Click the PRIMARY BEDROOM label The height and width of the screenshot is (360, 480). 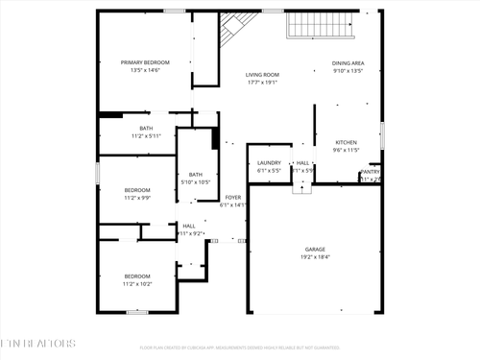[x=145, y=62]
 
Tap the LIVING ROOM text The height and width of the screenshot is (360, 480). [x=261, y=74]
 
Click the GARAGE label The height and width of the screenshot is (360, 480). [x=316, y=249]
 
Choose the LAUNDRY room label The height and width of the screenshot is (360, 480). [x=269, y=162]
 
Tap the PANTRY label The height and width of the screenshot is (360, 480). [x=370, y=172]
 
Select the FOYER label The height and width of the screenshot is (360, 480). [x=232, y=197]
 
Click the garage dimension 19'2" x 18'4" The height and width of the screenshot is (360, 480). [x=316, y=257]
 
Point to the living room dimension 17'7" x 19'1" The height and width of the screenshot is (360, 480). [x=261, y=83]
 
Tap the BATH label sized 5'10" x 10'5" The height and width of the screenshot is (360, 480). [x=195, y=174]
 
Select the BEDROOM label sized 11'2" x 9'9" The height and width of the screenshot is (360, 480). [x=137, y=190]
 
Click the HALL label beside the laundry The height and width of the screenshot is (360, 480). [x=302, y=162]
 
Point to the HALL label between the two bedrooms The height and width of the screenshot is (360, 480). [x=189, y=226]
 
